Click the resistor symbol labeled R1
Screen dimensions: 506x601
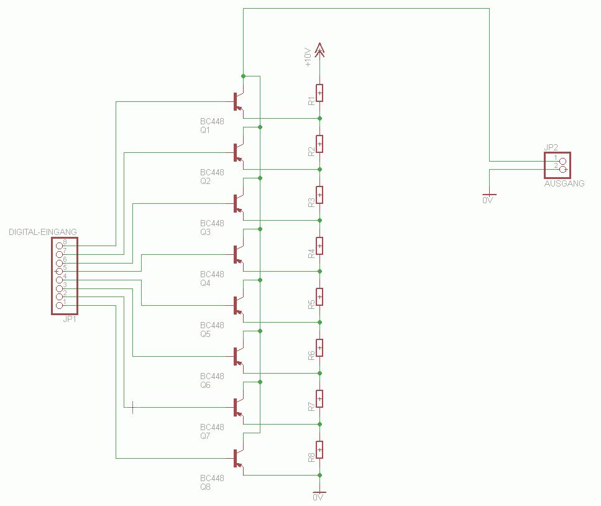pos(319,93)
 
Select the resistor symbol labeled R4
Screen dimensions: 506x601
pos(319,246)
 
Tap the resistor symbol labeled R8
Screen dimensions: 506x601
pos(319,449)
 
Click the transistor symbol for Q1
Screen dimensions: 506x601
pos(237,101)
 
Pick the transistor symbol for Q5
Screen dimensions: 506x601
pos(237,305)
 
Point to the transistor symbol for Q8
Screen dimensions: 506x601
pos(237,459)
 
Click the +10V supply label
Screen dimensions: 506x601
pos(307,58)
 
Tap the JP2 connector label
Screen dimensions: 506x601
pos(551,148)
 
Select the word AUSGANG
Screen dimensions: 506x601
pos(564,183)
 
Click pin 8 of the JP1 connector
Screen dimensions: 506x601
pos(60,246)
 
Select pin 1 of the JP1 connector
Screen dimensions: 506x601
pos(60,305)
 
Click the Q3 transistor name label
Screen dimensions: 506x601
pos(205,232)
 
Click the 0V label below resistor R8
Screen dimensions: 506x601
pos(319,498)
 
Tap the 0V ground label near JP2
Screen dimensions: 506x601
pos(489,201)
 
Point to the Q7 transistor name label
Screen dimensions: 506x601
pos(205,436)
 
